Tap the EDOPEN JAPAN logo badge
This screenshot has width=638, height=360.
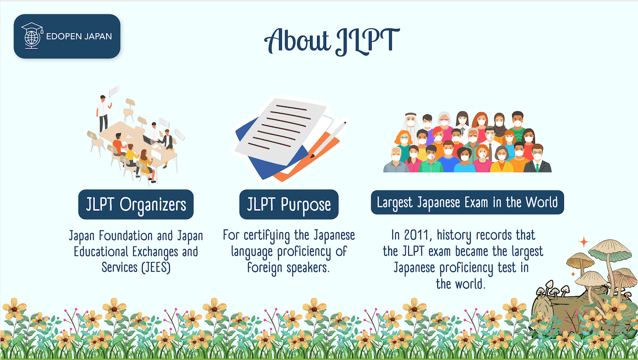tap(67, 37)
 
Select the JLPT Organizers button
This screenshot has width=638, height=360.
tap(136, 205)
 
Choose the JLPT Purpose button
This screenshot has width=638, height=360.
tap(289, 205)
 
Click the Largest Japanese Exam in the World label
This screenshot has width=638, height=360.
tap(467, 203)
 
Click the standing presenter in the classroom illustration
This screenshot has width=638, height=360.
tap(103, 113)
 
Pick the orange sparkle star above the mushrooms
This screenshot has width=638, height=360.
tap(583, 242)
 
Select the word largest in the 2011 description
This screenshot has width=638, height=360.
tap(525, 251)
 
